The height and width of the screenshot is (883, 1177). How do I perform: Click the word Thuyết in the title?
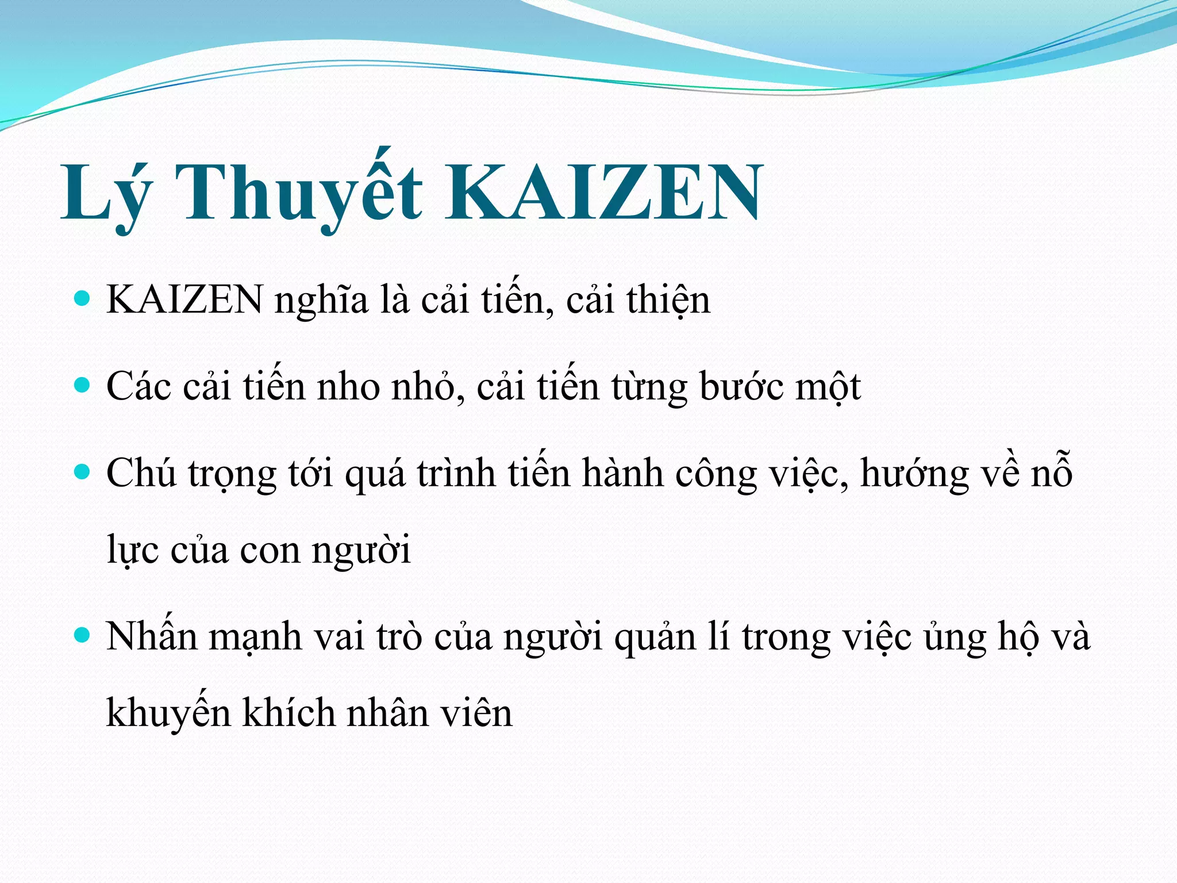[x=299, y=193]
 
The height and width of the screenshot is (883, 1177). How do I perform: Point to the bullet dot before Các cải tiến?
[x=83, y=385]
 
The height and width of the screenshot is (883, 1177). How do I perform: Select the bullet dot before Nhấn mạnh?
[x=83, y=636]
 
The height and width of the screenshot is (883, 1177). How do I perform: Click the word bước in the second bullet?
[x=741, y=386]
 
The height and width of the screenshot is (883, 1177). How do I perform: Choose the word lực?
[x=132, y=551]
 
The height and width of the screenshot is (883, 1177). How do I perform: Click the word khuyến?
[x=168, y=713]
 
